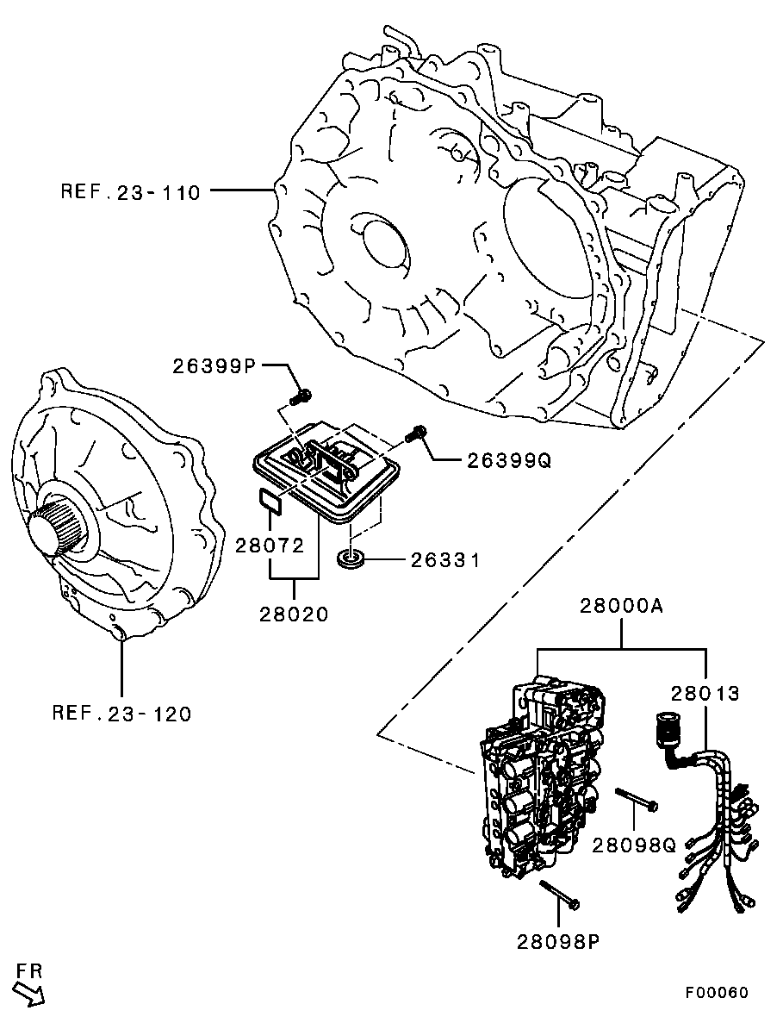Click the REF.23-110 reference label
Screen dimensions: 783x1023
130,192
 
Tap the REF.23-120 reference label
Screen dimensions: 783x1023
122,714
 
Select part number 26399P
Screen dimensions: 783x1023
216,366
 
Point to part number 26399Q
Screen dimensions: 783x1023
509,461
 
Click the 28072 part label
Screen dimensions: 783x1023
270,545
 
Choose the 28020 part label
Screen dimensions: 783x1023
294,614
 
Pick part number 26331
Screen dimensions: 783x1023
445,560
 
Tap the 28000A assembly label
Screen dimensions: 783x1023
621,607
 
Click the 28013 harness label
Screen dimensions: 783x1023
706,693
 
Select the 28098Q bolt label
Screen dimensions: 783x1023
635,845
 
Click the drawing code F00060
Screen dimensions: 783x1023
717,992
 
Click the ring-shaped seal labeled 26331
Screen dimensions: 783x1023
350,558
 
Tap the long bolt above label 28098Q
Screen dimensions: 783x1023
637,799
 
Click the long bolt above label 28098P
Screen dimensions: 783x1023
560,893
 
